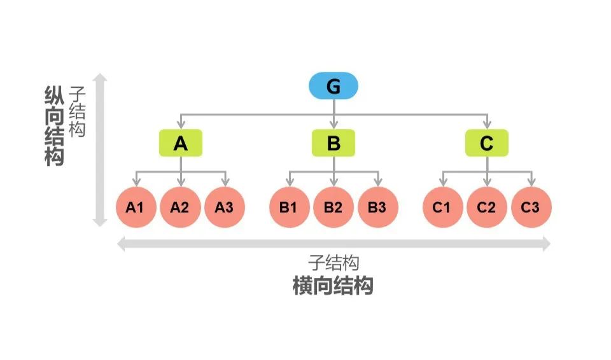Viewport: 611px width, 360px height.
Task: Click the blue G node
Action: [x=334, y=87]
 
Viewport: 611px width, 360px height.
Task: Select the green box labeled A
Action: [x=181, y=143]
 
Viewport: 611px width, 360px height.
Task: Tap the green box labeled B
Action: [x=334, y=143]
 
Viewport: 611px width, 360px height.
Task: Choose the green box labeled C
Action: [x=487, y=143]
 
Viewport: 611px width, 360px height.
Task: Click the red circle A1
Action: [x=136, y=207]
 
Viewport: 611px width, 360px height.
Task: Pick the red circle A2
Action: [x=180, y=207]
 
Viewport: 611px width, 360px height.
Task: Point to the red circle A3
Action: [x=224, y=207]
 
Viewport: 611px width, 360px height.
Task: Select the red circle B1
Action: [x=289, y=207]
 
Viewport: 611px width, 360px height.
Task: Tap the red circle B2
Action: [x=334, y=207]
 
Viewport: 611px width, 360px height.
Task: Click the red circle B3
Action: [x=377, y=207]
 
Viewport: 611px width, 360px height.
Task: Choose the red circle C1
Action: [x=443, y=207]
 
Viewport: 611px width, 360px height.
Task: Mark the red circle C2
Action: [x=487, y=207]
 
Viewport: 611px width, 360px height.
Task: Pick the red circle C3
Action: [x=531, y=207]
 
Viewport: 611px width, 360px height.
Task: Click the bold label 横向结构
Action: [x=333, y=286]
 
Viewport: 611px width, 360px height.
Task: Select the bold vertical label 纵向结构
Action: [x=55, y=125]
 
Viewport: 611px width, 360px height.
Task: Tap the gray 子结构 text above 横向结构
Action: [x=334, y=263]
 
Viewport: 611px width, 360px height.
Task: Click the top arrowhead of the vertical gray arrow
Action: [x=100, y=78]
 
